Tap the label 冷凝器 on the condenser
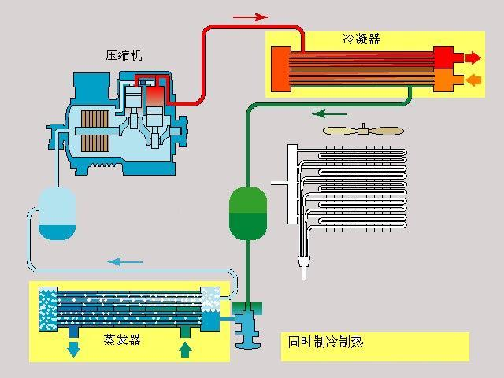point(361,39)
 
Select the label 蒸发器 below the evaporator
point(122,339)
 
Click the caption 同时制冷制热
point(321,342)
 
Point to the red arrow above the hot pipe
point(250,16)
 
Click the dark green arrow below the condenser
point(330,113)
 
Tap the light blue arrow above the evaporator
point(125,261)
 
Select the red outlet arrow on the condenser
point(473,58)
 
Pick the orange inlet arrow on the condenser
point(473,80)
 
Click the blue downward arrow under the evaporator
point(73,347)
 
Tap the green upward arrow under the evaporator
point(185,346)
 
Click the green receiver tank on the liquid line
point(248,213)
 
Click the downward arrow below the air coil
point(303,264)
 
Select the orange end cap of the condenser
point(444,80)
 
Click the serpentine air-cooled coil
point(354,189)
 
